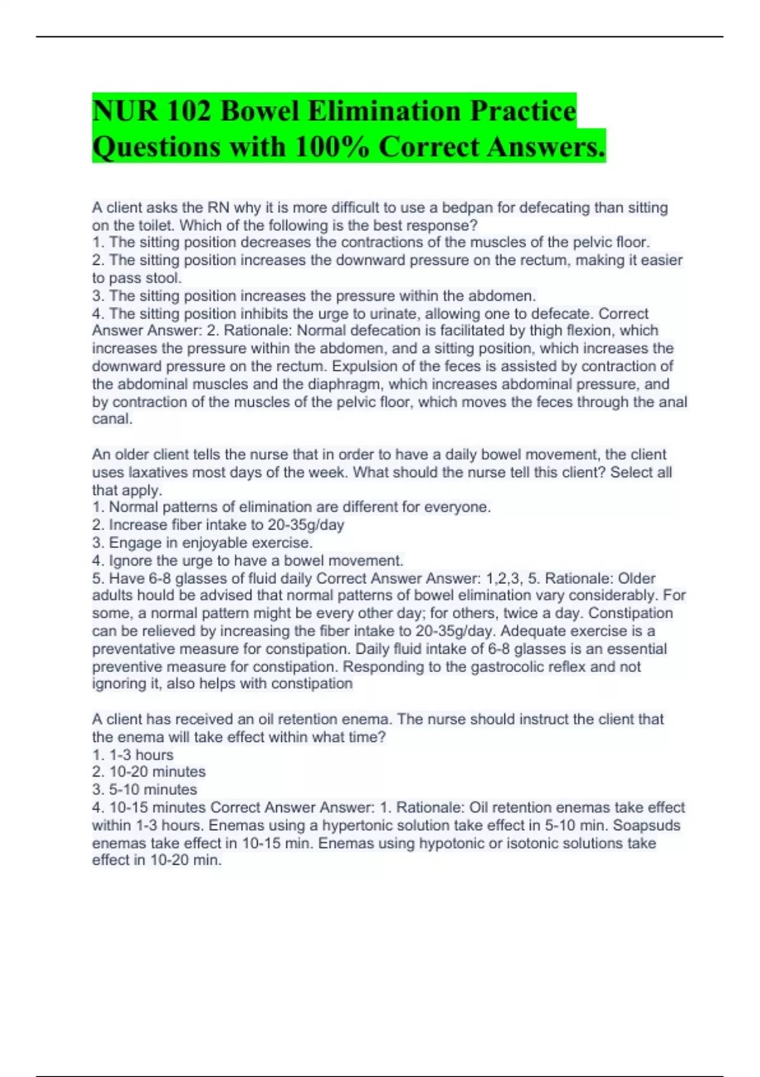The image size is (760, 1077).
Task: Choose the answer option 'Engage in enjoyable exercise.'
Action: (210, 543)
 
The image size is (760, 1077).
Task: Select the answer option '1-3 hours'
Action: (141, 755)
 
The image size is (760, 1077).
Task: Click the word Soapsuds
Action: (647, 825)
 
